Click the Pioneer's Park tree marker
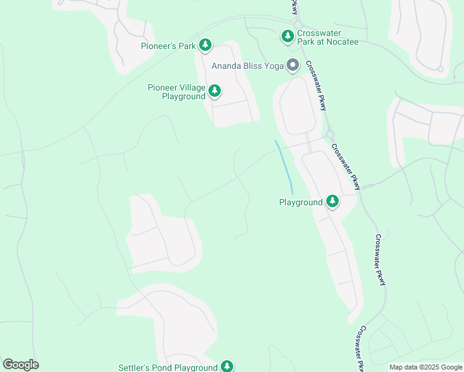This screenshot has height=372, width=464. tap(205, 45)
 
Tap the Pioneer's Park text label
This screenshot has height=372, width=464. tap(168, 45)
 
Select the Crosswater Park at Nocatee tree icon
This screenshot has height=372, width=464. tap(287, 37)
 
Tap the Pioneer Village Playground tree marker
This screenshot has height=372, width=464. tap(215, 92)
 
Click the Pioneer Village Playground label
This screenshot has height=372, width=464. tap(177, 92)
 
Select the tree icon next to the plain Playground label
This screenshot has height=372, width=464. tap(332, 201)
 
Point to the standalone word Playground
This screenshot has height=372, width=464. tap(301, 202)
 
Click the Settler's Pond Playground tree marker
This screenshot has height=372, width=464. tap(227, 366)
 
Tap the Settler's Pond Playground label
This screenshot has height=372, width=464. tap(168, 368)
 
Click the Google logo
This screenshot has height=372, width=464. tap(20, 365)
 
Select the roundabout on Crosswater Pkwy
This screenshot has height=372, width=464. tap(330, 134)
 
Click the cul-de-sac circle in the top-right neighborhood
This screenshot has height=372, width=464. tap(440, 69)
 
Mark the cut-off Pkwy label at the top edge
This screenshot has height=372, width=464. tap(294, 7)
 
